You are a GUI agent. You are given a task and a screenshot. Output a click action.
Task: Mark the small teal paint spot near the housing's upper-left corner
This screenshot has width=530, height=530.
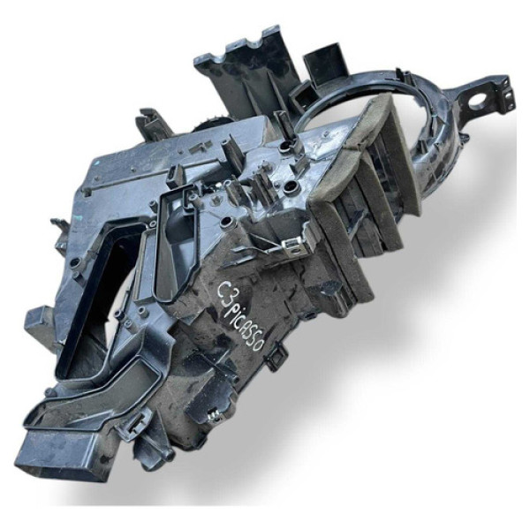98,163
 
